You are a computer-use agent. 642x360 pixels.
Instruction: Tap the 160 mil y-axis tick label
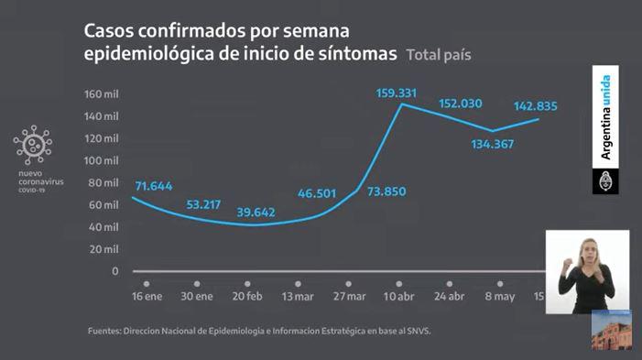[102, 94]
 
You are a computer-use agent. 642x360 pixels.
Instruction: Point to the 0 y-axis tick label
[114, 270]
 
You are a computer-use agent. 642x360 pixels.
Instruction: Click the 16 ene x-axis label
[147, 297]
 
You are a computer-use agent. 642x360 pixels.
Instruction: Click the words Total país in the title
[439, 55]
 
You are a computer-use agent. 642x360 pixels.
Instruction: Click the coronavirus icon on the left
[33, 145]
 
